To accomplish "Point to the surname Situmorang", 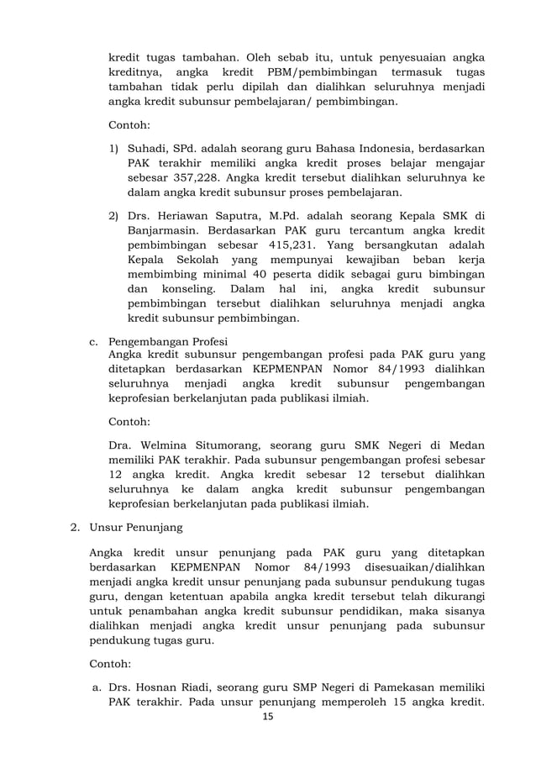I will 240,445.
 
